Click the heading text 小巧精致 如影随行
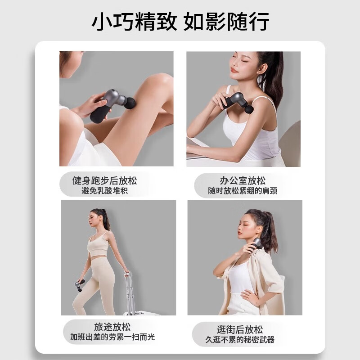point(180,21)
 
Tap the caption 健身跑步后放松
point(104,181)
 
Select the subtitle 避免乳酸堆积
point(104,191)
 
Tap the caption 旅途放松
point(112,327)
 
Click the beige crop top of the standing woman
point(98,243)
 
